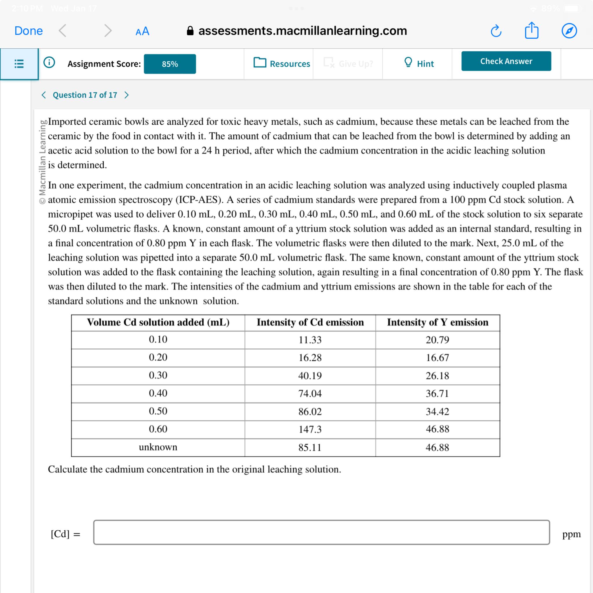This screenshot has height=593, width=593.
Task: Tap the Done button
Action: (x=29, y=31)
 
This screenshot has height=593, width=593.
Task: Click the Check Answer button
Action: (x=506, y=61)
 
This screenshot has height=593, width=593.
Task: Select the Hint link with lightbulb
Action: (x=419, y=63)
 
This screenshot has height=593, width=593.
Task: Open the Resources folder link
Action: (x=282, y=63)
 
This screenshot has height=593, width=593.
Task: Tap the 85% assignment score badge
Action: (x=170, y=64)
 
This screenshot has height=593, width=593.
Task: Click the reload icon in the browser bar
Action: (x=496, y=31)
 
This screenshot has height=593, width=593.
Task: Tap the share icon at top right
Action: (x=531, y=30)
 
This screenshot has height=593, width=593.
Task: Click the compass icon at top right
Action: (x=569, y=31)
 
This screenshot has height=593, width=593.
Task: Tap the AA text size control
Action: (x=142, y=31)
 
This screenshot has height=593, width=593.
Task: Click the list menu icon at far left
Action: (x=19, y=63)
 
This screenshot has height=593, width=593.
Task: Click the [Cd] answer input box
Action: (x=321, y=532)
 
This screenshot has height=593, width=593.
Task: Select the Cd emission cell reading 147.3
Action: (x=310, y=429)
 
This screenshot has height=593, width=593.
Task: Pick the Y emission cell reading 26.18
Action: (x=437, y=375)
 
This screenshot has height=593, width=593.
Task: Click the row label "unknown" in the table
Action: (x=158, y=447)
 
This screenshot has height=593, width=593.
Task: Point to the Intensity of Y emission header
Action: (x=437, y=322)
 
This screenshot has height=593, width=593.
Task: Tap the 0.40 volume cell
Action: (x=158, y=393)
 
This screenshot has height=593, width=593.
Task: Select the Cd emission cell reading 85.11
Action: (x=310, y=447)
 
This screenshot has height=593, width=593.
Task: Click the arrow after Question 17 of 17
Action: (x=127, y=95)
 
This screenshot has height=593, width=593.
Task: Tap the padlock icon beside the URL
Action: (x=190, y=31)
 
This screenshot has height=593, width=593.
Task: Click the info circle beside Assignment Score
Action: (x=49, y=62)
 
